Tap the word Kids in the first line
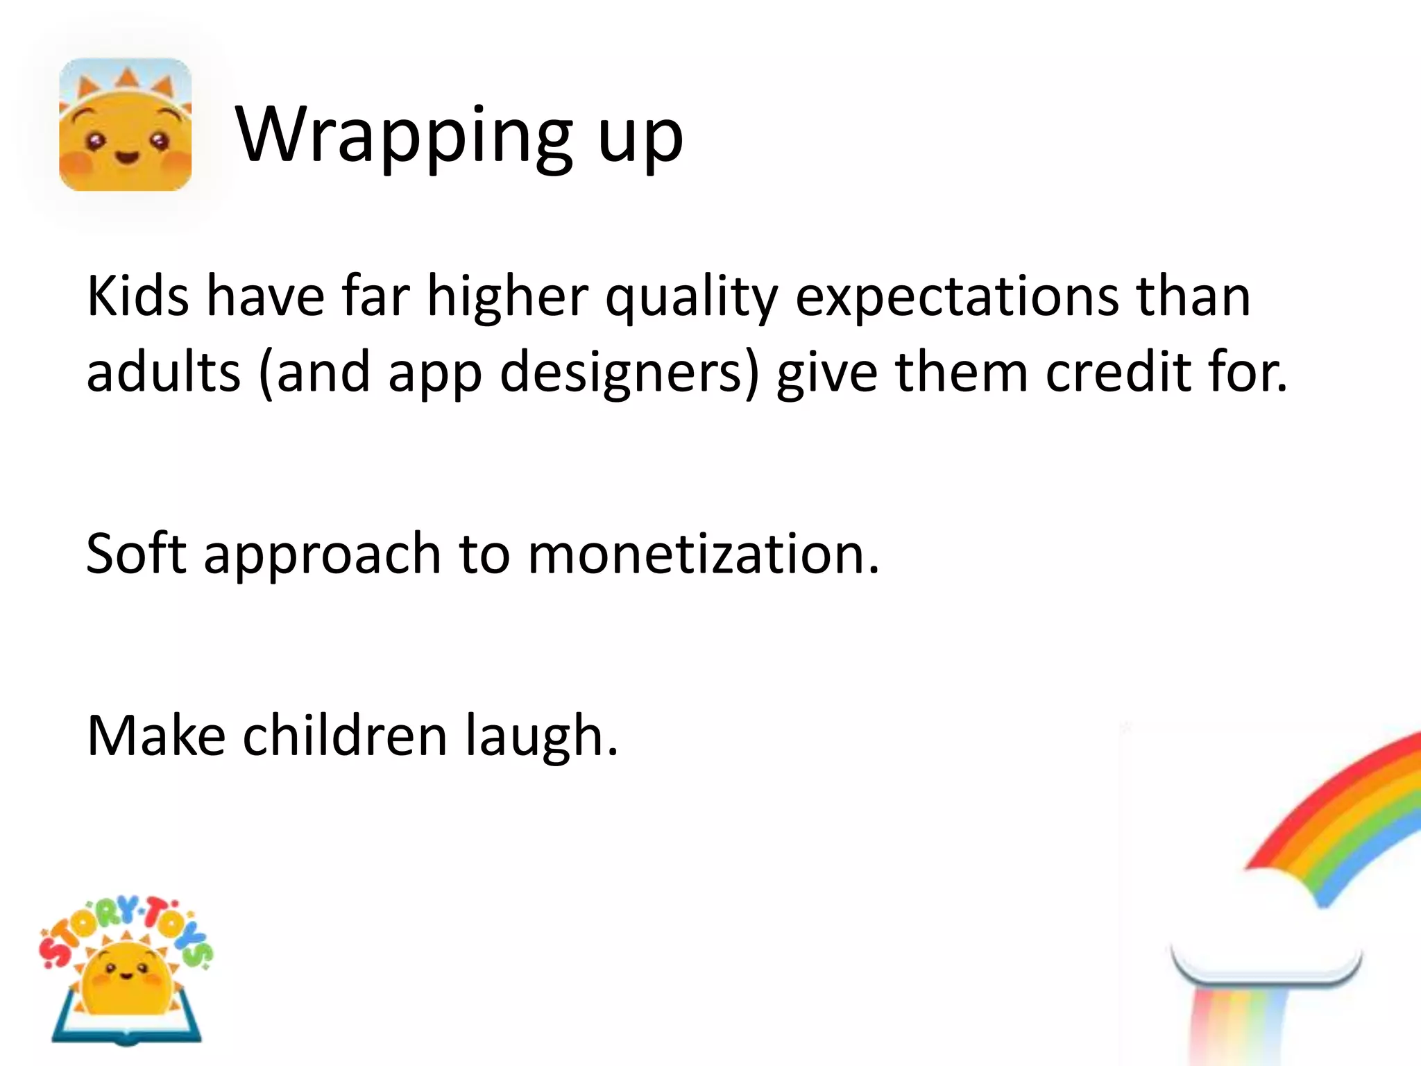tap(137, 296)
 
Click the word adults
tap(163, 373)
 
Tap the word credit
tap(1118, 373)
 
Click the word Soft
tap(136, 554)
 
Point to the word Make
tap(156, 736)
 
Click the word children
tap(345, 736)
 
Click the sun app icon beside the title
tap(125, 125)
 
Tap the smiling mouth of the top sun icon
tap(126, 156)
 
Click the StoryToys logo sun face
tap(126, 975)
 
